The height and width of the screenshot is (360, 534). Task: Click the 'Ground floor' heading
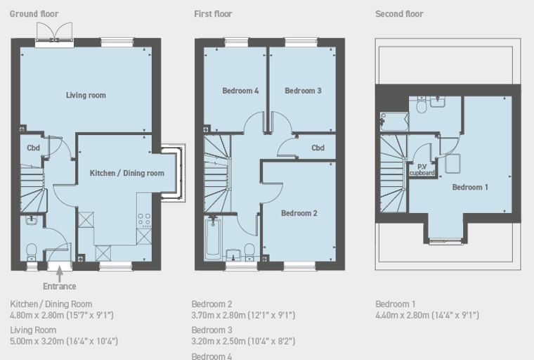click(34, 14)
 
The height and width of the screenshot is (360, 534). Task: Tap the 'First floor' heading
click(213, 14)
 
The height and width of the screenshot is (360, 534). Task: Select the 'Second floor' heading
click(399, 14)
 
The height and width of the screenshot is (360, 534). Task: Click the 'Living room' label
click(86, 95)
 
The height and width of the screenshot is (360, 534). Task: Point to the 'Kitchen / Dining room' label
click(127, 173)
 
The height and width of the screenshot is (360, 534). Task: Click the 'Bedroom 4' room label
click(240, 91)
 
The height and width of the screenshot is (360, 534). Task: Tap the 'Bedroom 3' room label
click(303, 91)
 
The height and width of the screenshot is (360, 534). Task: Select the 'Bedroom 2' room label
click(299, 213)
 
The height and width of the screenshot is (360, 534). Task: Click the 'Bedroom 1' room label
click(470, 187)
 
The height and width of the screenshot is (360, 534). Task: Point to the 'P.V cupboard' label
click(422, 169)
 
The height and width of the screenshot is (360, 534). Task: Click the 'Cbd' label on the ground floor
click(34, 148)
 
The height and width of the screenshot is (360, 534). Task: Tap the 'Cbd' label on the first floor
click(318, 148)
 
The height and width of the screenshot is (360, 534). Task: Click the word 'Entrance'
click(60, 286)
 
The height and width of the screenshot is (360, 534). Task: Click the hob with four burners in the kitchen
click(144, 220)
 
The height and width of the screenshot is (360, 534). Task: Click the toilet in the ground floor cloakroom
click(32, 251)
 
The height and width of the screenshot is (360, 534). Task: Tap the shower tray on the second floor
click(394, 122)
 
